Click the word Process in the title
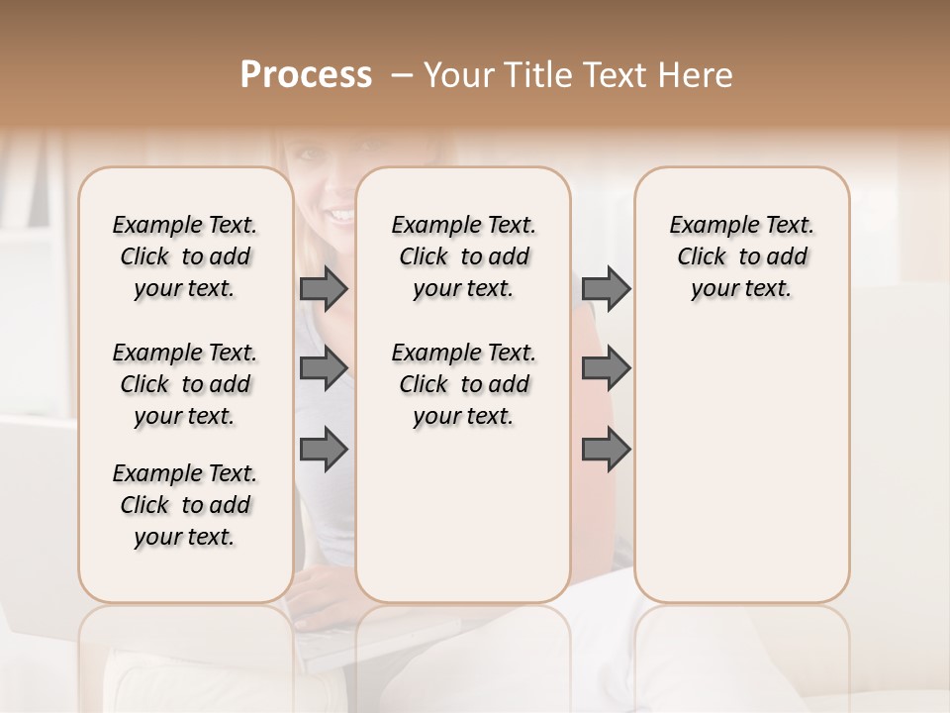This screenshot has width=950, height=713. pos(306,75)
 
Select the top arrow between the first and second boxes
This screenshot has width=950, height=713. pos(324,288)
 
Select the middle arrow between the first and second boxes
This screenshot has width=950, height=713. pos(324,368)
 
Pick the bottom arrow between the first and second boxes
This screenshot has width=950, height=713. pos(324,450)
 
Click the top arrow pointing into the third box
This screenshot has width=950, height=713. pos(606,288)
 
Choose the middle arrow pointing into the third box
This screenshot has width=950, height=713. pos(606,368)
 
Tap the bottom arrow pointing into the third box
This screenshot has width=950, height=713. pos(606,450)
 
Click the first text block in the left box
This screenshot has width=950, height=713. pos(185,256)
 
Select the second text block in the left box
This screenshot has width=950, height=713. pos(185,384)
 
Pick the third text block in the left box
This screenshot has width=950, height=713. pos(185,505)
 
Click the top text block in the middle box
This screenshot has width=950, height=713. pos(463,256)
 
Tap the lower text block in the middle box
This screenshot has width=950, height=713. pos(463,384)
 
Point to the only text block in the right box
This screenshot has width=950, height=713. pos(741,256)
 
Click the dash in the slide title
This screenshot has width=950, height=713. pos(402,75)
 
